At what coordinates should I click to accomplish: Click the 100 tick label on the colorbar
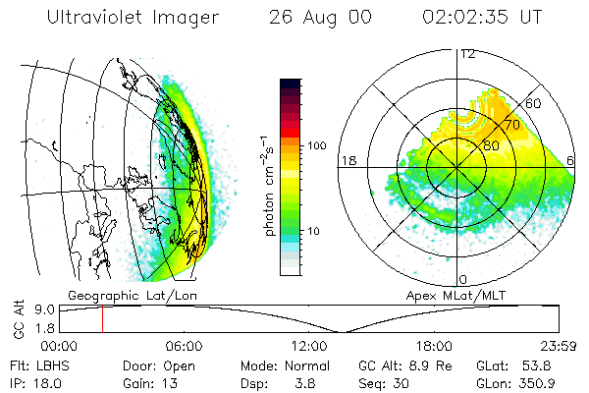click(x=316, y=145)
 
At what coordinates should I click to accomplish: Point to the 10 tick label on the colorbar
click(x=314, y=232)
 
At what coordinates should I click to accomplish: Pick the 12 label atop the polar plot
click(x=468, y=54)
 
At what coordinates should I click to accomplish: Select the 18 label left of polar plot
click(x=347, y=160)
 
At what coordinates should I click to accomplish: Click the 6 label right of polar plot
click(x=571, y=160)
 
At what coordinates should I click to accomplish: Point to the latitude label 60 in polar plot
click(x=535, y=103)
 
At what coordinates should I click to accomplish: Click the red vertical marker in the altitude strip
click(x=102, y=318)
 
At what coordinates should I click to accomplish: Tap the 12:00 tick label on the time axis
click(x=309, y=346)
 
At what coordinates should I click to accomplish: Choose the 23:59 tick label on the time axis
click(x=561, y=346)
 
